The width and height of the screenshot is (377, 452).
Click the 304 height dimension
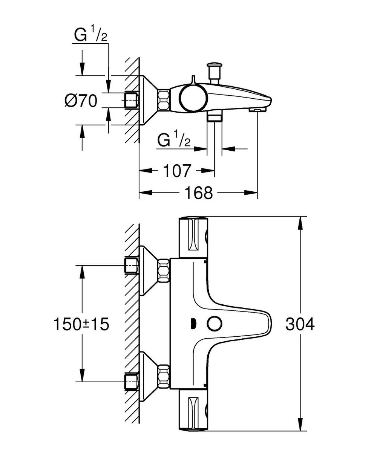(300, 324)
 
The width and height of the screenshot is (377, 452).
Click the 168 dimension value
(199, 193)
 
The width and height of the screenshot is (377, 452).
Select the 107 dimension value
(177, 171)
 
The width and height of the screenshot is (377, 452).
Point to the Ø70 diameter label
(81, 101)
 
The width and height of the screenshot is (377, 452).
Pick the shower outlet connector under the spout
(215, 116)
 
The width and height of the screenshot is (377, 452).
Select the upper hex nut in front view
(164, 270)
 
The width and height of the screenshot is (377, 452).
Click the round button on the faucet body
(214, 323)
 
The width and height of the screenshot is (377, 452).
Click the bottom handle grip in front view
(193, 411)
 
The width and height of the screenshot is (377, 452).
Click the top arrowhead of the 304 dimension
(300, 223)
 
